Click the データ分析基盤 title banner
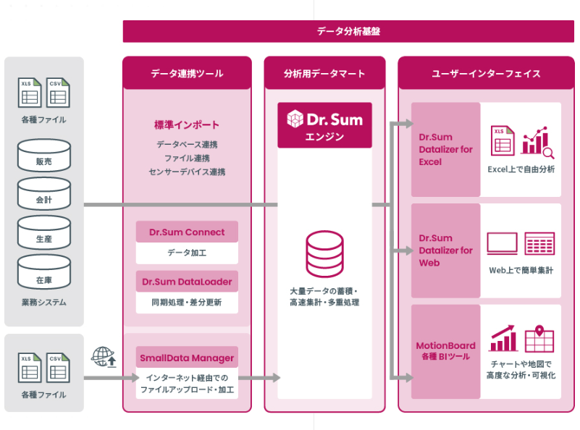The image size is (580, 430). [x=348, y=31]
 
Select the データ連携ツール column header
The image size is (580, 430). [x=187, y=74]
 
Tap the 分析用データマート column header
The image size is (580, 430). [x=324, y=74]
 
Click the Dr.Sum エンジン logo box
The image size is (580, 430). [x=324, y=125]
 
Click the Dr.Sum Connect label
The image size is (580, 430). [x=187, y=232]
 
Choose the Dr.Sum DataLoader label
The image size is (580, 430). [x=187, y=282]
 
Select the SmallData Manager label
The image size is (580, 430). [x=187, y=358]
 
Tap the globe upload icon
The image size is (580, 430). [x=104, y=357]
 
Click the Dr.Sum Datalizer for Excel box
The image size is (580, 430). [x=445, y=149]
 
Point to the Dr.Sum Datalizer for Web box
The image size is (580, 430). [x=445, y=250]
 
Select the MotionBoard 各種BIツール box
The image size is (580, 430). [x=445, y=351]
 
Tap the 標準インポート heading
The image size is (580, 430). [x=187, y=125]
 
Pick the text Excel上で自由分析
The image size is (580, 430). [x=521, y=169]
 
